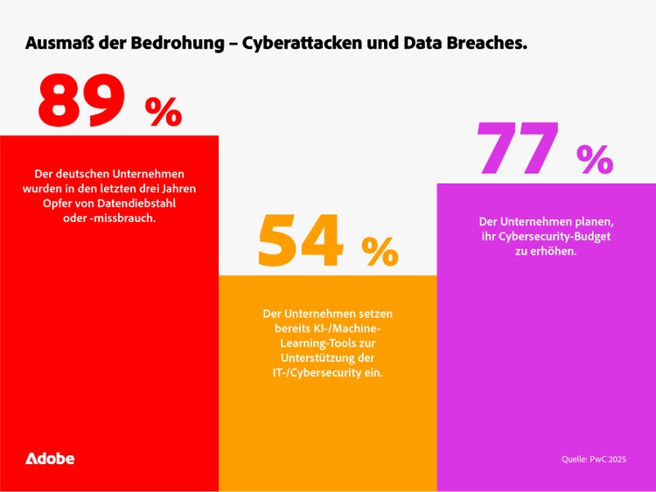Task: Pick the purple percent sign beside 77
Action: [x=596, y=158]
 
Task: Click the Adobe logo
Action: [x=50, y=459]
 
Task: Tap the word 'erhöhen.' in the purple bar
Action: [x=553, y=251]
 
